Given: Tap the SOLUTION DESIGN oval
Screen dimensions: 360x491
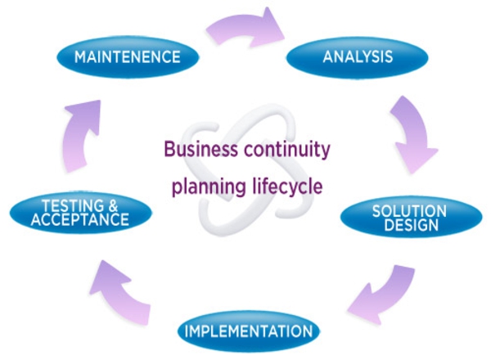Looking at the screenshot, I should [x=409, y=217].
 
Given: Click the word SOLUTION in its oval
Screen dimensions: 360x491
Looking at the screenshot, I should [x=409, y=210].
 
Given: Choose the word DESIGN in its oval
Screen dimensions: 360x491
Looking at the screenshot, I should [x=409, y=224].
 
